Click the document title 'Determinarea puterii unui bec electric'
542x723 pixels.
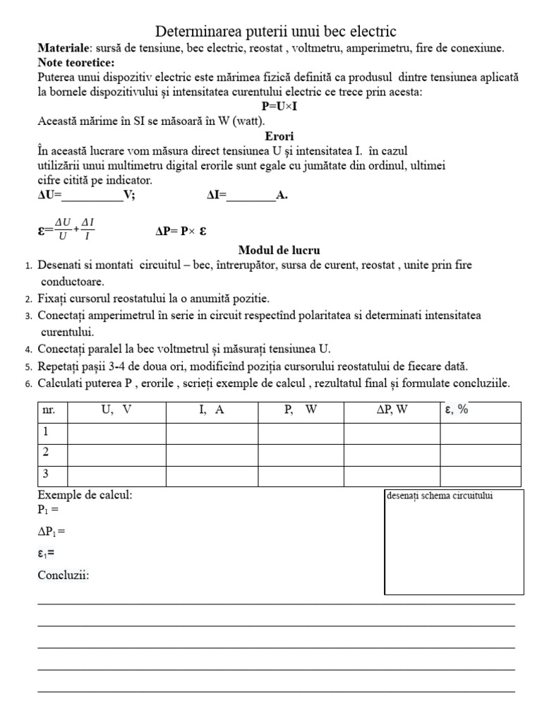pyautogui.click(x=275, y=32)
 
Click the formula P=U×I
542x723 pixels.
pyautogui.click(x=279, y=106)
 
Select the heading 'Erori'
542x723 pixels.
pyautogui.click(x=279, y=136)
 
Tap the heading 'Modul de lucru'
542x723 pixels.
pyautogui.click(x=279, y=250)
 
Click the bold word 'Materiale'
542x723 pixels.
pyautogui.click(x=63, y=48)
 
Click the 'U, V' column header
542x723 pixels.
pyautogui.click(x=116, y=410)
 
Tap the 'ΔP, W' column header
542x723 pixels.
pyautogui.click(x=392, y=410)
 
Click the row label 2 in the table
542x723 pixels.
pyautogui.click(x=47, y=453)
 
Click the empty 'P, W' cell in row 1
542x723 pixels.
pyautogui.click(x=301, y=431)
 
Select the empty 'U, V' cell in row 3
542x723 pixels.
pyautogui.click(x=116, y=474)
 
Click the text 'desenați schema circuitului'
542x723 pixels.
pyautogui.click(x=439, y=495)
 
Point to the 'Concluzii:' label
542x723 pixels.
pyautogui.click(x=64, y=575)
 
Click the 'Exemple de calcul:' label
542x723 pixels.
pyautogui.click(x=85, y=495)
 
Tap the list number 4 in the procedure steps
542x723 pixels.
pyautogui.click(x=28, y=349)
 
